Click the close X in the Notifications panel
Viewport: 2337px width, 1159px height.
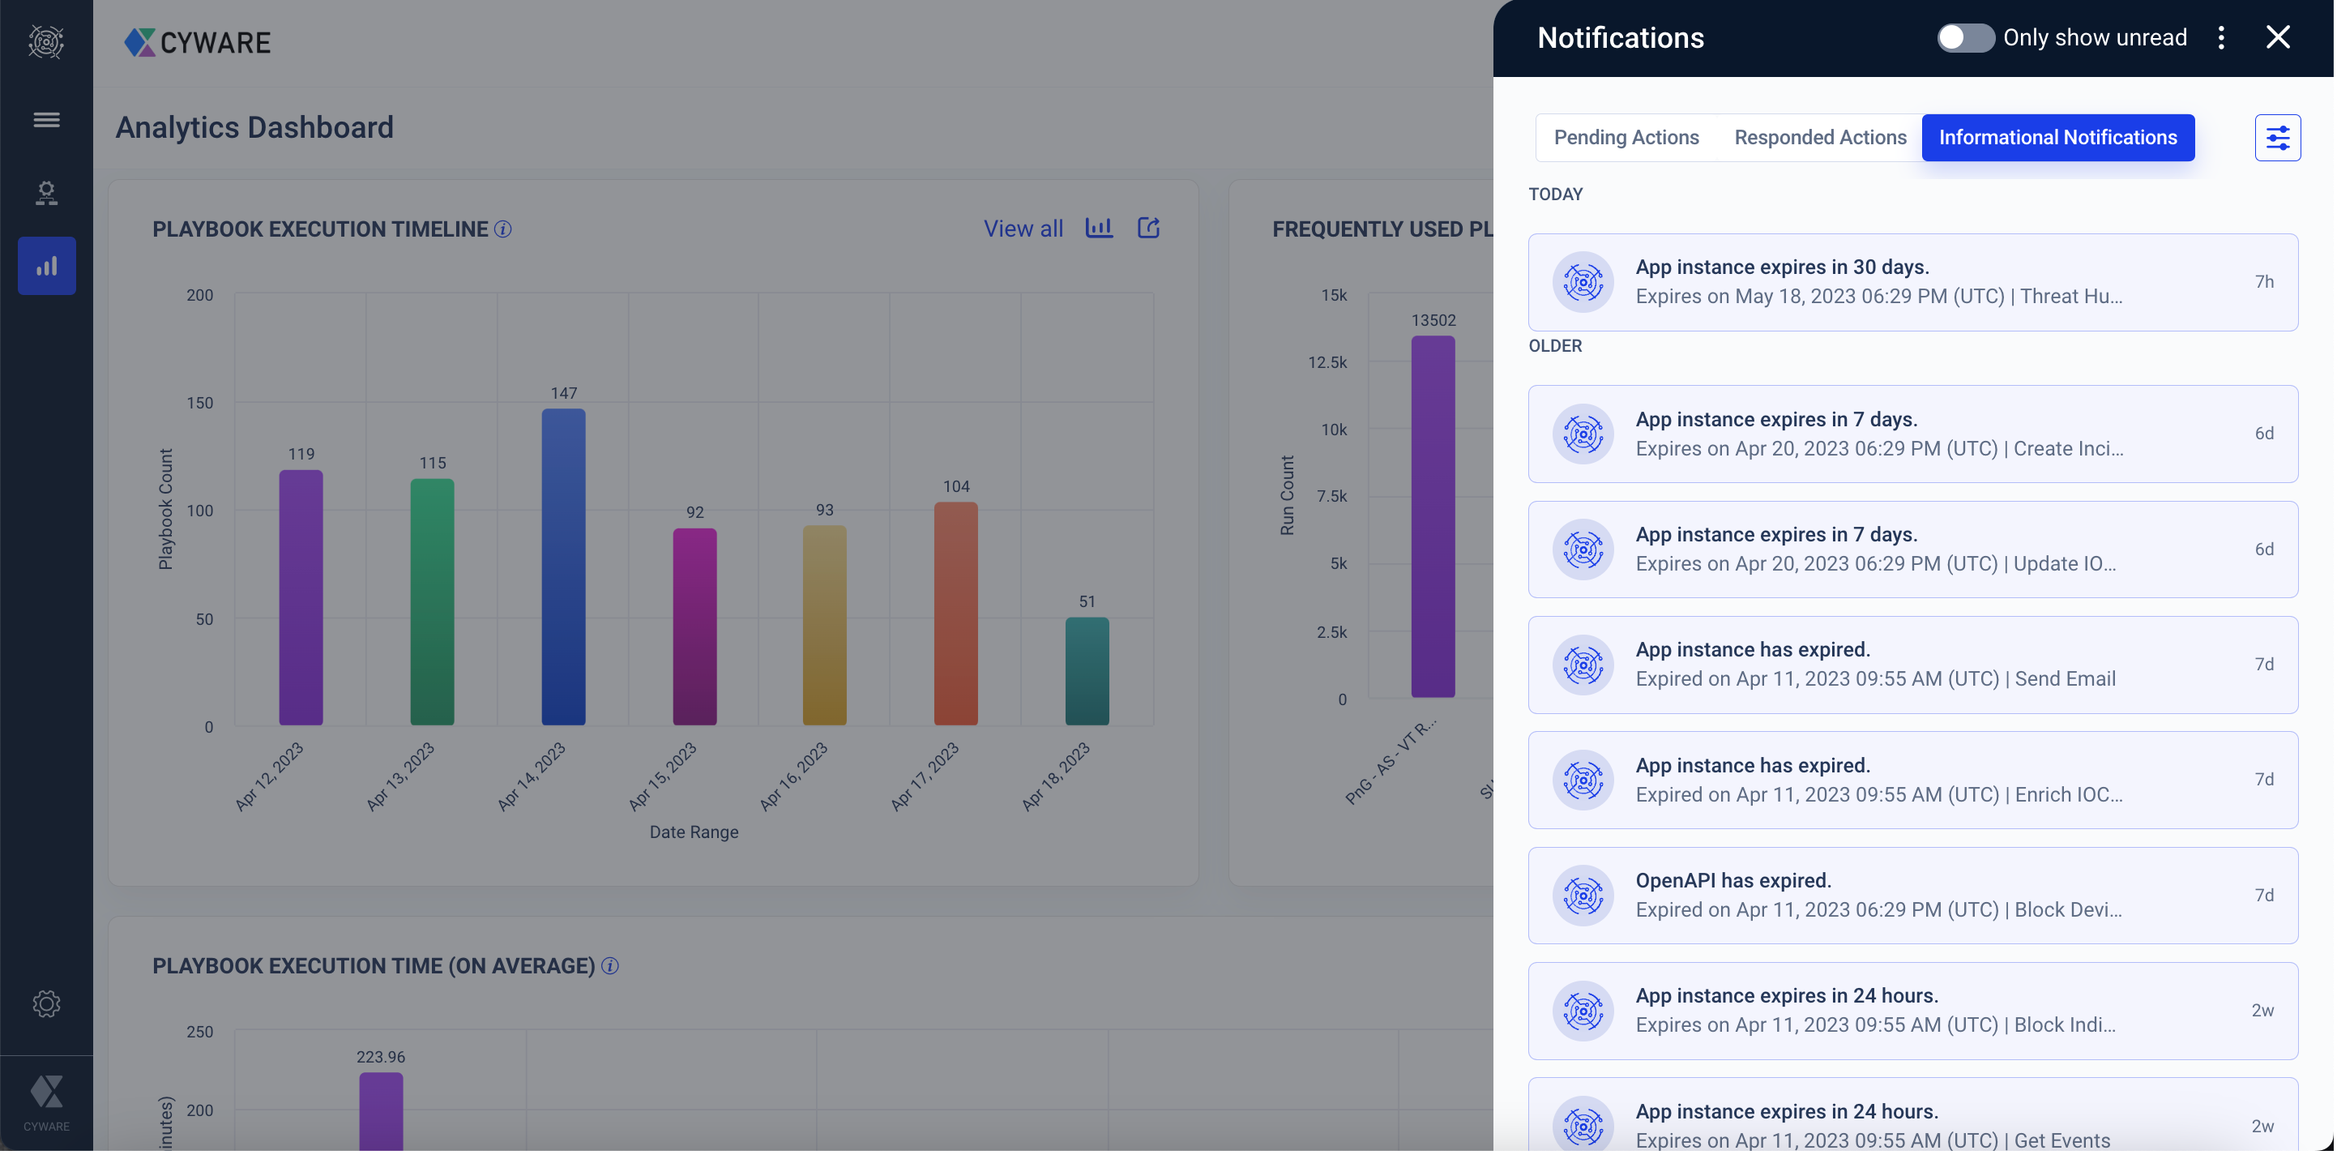coord(2277,37)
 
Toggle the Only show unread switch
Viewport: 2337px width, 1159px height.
coord(1964,37)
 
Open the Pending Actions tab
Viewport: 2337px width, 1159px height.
coord(1626,137)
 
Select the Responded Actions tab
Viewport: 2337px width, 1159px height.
coord(1820,137)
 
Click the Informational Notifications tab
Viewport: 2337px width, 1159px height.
coord(2057,137)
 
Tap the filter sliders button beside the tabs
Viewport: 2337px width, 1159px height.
coord(2277,137)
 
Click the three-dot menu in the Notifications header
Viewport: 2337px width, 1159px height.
coord(2221,37)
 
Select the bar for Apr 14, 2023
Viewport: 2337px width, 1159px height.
coord(563,567)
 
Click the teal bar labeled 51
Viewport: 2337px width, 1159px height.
coord(1087,671)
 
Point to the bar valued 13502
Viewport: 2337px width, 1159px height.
coord(1433,516)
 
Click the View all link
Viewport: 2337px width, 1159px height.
coord(1023,229)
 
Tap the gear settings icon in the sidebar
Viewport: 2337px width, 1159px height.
coord(46,1004)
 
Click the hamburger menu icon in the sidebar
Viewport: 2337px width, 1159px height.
coord(46,120)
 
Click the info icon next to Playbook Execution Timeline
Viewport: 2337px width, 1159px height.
coord(502,229)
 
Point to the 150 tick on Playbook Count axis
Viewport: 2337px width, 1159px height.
coord(199,403)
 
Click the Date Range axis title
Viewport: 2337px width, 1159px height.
coord(693,832)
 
